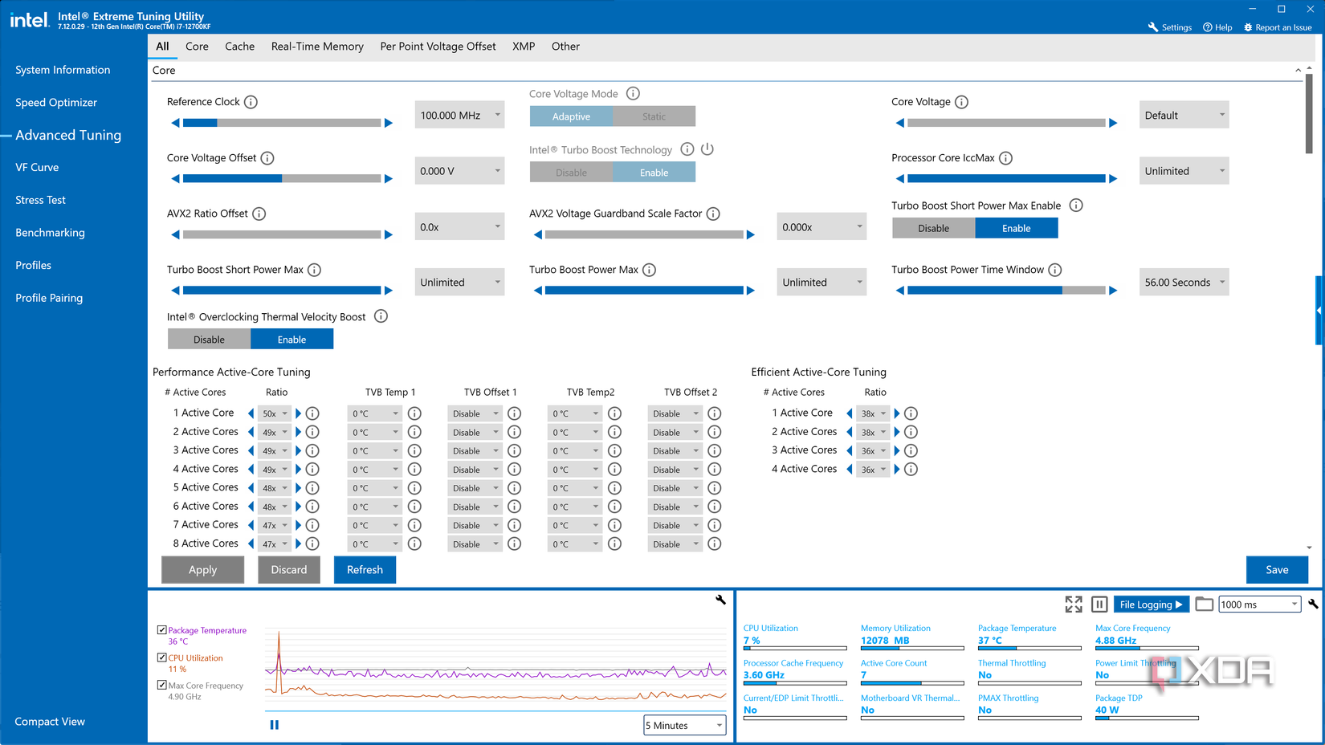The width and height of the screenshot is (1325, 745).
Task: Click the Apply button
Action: coord(202,570)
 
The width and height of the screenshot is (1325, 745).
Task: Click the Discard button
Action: coord(288,570)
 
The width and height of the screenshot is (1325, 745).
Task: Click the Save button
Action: coord(1276,570)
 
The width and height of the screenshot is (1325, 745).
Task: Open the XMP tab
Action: coord(524,47)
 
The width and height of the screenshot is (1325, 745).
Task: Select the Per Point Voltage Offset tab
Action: coord(438,47)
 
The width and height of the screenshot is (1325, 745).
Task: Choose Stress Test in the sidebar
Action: coord(40,200)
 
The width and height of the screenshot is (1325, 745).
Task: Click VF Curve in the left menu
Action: coord(37,167)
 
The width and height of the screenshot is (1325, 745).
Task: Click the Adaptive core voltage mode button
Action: coord(571,116)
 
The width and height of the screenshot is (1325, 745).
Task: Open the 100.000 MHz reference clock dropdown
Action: coord(459,116)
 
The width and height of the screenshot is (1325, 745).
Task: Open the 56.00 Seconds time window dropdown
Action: coord(1184,283)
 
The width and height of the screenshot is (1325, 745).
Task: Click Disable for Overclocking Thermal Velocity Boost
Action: coord(209,340)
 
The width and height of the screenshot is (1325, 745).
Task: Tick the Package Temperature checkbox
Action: coord(162,630)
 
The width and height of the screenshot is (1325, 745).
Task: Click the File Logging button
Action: coord(1150,605)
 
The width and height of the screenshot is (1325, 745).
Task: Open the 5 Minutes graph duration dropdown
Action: coord(684,726)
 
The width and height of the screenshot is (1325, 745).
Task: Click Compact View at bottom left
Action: coord(50,722)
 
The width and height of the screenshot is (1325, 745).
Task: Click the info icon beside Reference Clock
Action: coord(251,102)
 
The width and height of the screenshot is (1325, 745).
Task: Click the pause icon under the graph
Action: coord(275,725)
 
